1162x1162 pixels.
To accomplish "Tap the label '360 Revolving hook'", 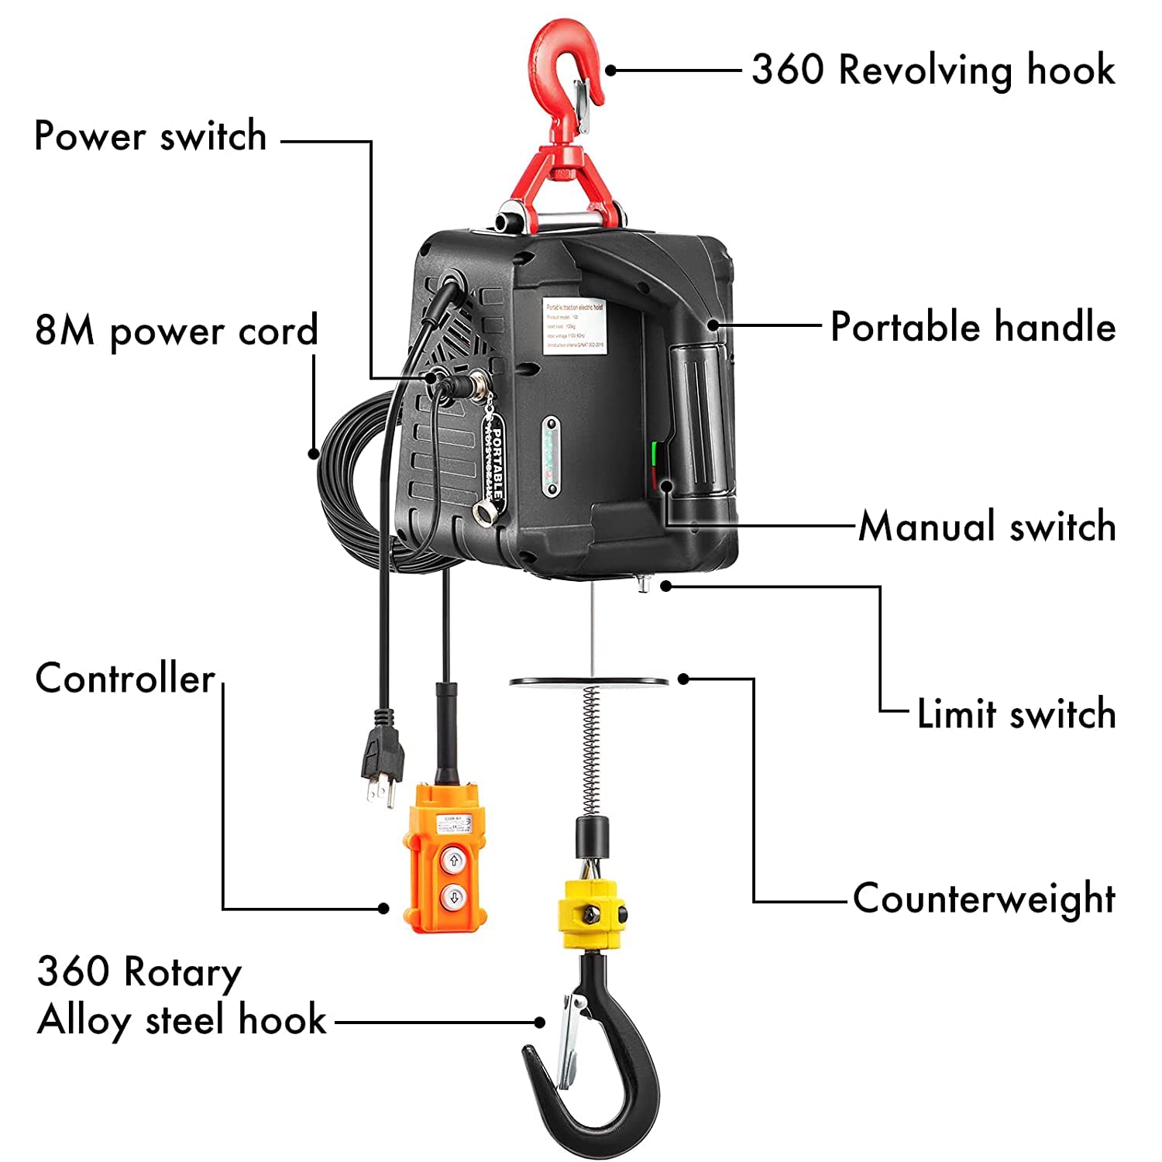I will tap(933, 70).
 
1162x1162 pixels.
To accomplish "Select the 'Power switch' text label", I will tap(151, 137).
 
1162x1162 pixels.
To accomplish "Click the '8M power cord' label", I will tap(177, 331).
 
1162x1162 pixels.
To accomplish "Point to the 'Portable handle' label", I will tap(973, 326).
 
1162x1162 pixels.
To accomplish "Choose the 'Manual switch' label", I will tap(988, 527).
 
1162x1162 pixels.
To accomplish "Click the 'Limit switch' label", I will tap(1016, 713).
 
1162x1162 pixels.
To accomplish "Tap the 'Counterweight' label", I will tap(984, 899).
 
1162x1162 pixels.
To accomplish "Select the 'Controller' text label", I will tap(125, 679).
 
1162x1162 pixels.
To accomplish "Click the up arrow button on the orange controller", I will tap(454, 860).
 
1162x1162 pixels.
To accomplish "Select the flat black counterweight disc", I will tap(589, 682).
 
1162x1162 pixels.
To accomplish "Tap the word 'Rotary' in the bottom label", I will tap(183, 972).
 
